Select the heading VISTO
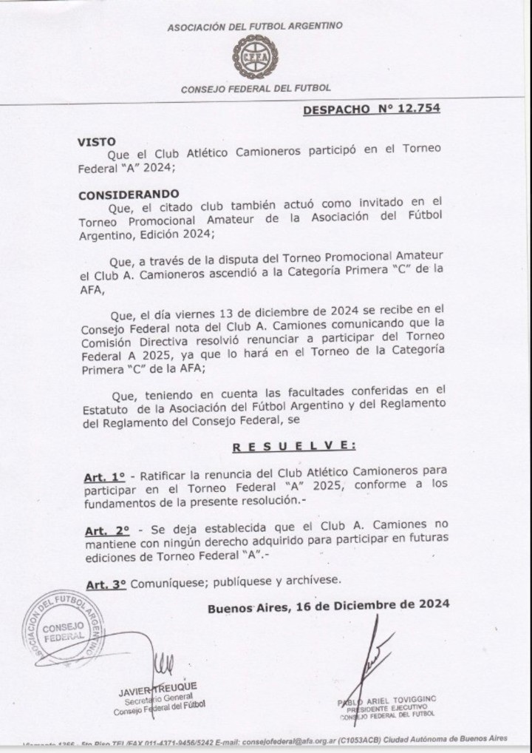96,141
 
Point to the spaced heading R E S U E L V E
294,446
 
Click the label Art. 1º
102,479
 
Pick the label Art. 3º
105,584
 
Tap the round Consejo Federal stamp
63,627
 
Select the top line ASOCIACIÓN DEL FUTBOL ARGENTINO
255,26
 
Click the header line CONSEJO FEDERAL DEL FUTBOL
256,89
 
